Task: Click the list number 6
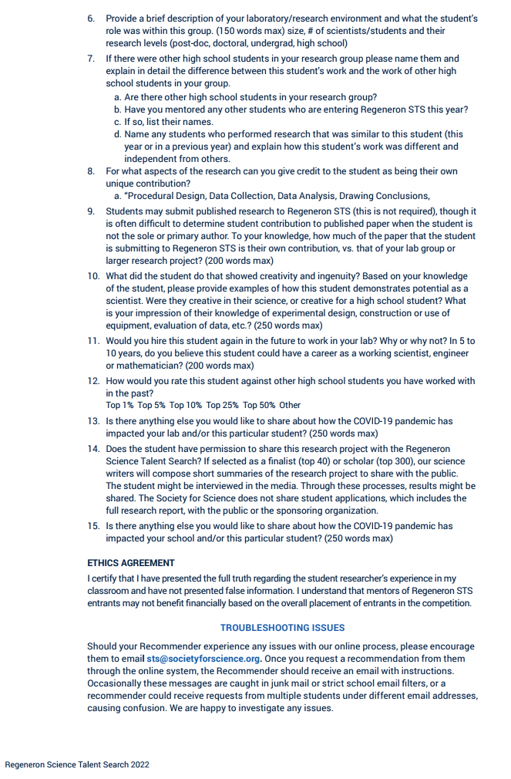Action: click(x=91, y=18)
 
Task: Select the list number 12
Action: click(x=92, y=381)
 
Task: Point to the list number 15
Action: click(x=92, y=526)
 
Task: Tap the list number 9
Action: click(x=91, y=211)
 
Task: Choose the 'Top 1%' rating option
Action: click(x=119, y=405)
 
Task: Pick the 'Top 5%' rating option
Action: click(x=151, y=405)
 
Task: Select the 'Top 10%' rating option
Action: click(x=185, y=405)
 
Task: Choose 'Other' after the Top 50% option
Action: click(x=290, y=405)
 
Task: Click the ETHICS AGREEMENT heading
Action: click(x=131, y=563)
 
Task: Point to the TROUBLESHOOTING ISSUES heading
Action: click(x=282, y=628)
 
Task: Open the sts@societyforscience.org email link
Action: click(x=203, y=659)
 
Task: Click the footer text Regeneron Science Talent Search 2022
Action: click(x=77, y=764)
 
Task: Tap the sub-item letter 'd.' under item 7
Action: click(x=118, y=134)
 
